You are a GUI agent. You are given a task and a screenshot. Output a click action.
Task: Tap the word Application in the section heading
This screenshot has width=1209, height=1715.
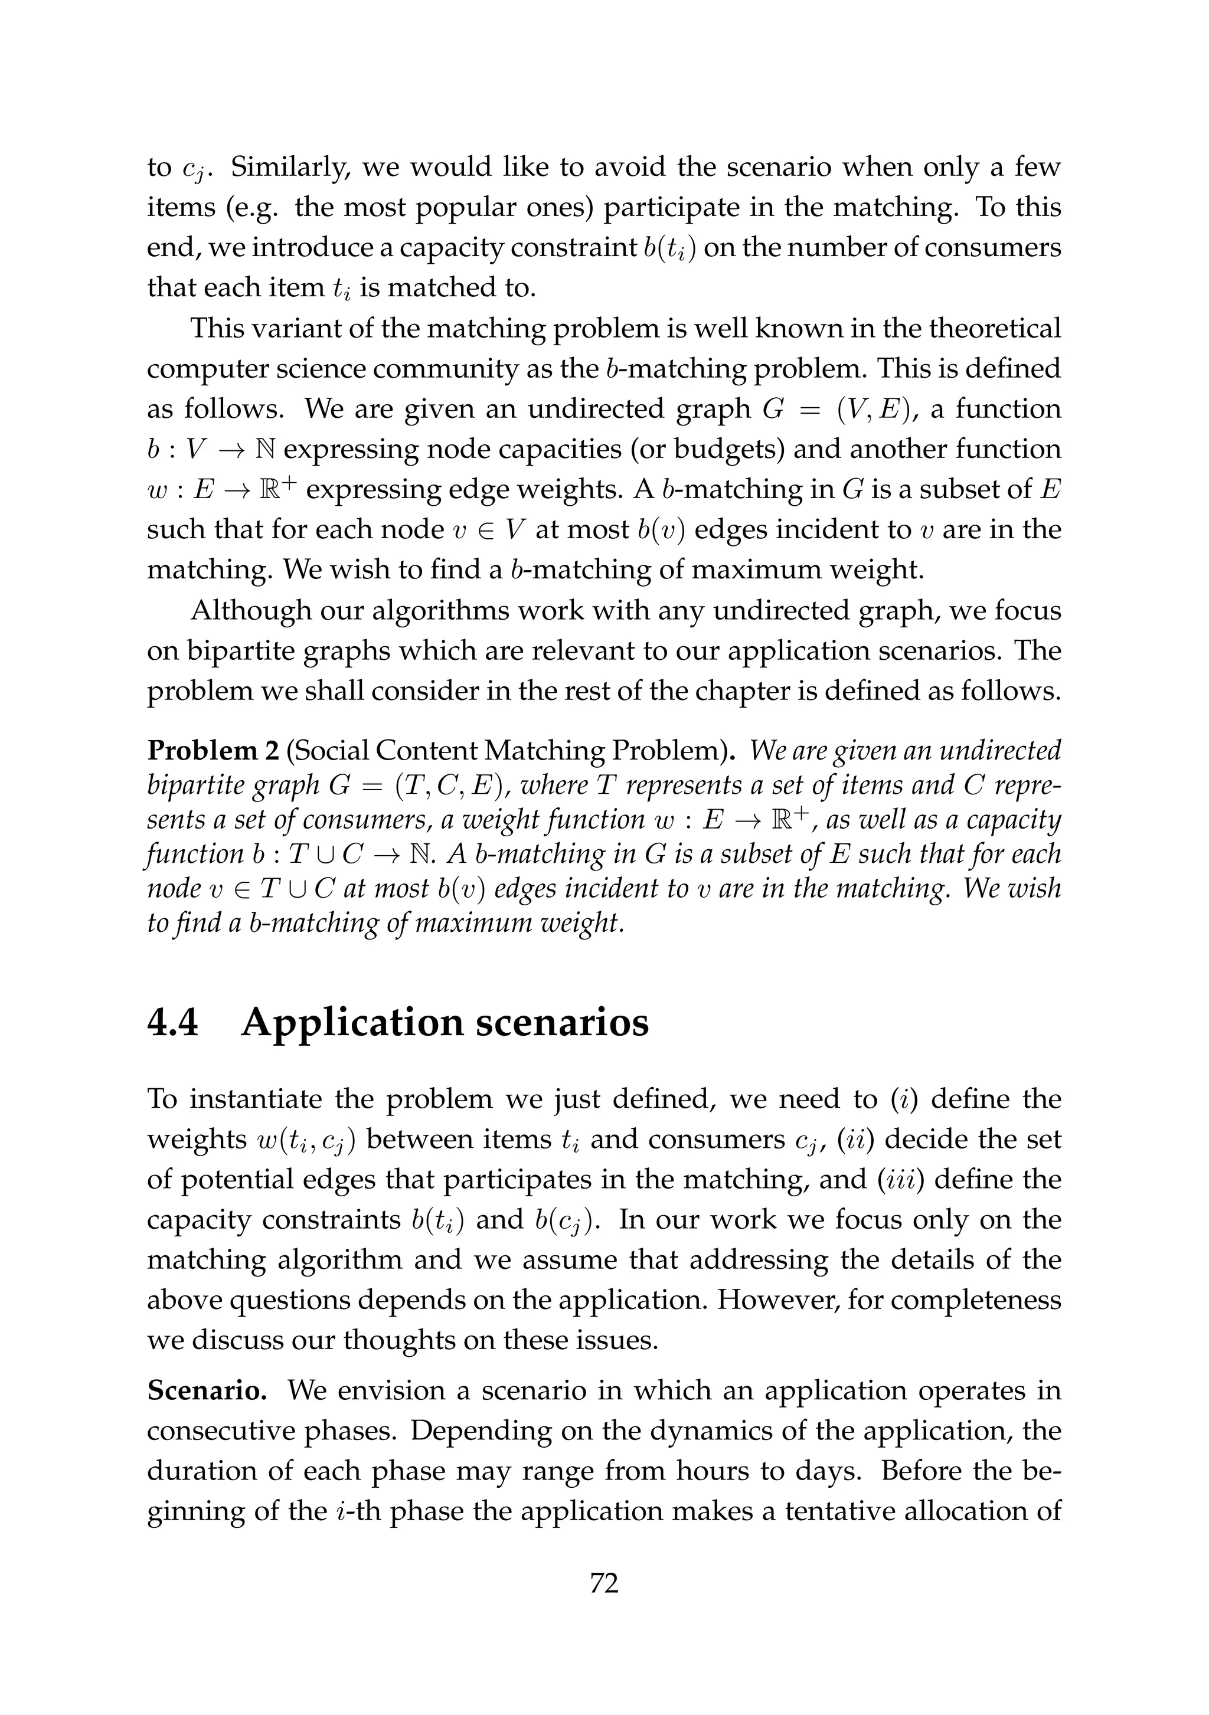[349, 1023]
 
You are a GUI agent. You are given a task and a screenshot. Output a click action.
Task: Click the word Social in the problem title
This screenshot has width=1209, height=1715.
[332, 750]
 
